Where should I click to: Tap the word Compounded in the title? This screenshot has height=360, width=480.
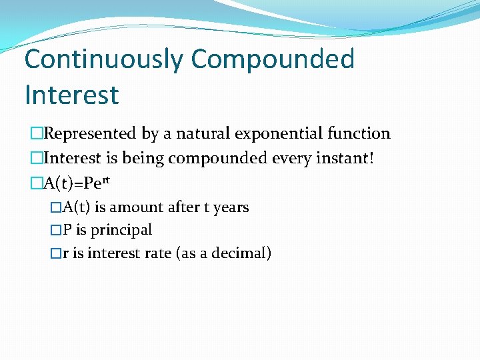[273, 59]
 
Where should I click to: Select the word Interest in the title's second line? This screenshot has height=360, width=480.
[71, 95]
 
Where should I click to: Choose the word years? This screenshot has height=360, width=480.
[231, 207]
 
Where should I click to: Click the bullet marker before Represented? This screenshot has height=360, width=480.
[36, 133]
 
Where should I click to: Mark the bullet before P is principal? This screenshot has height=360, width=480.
[56, 230]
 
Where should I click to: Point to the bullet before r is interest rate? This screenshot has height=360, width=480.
[56, 253]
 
